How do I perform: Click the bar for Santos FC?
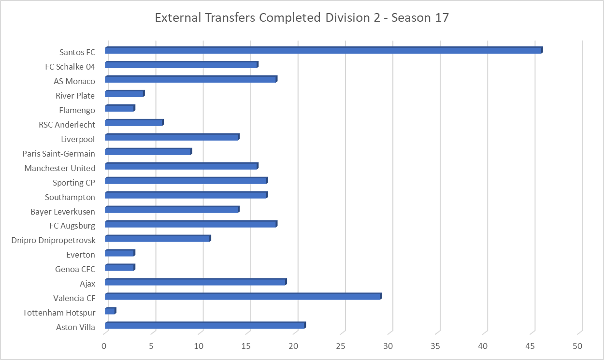click(323, 50)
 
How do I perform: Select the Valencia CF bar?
click(243, 297)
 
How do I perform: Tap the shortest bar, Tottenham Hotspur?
click(110, 311)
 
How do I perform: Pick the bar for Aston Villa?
click(205, 326)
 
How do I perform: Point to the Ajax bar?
click(195, 282)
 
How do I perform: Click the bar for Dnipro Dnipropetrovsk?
click(158, 239)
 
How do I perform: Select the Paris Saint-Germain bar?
click(148, 152)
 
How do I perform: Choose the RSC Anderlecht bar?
click(134, 123)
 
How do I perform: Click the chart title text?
click(302, 18)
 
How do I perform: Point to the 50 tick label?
click(578, 346)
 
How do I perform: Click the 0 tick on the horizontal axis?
click(104, 346)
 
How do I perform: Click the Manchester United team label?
click(60, 168)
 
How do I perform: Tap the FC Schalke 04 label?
click(70, 67)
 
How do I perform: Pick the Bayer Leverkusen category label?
click(63, 212)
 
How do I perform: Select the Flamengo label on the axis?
click(77, 110)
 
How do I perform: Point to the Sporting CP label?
click(74, 183)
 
